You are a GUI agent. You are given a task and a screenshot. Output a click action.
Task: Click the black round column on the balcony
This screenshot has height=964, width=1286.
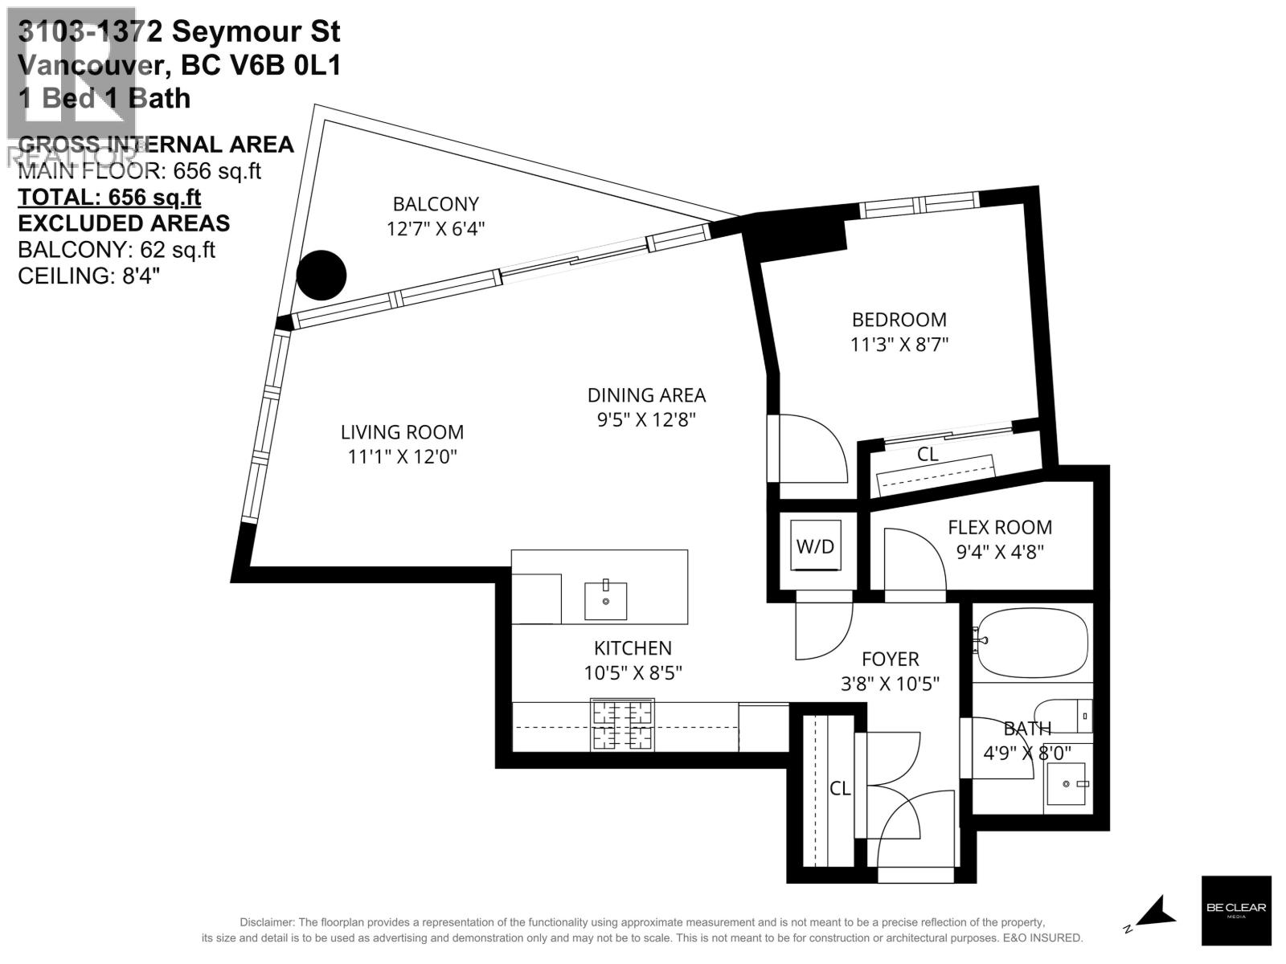click(321, 275)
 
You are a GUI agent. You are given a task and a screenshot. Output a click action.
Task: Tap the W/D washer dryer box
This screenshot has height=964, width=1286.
click(816, 546)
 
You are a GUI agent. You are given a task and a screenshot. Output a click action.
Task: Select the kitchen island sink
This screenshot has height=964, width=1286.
click(605, 600)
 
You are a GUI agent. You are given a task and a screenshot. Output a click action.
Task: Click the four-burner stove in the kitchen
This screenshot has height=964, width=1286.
click(622, 725)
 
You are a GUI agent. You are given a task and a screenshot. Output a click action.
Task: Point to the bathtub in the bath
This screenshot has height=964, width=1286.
click(1032, 641)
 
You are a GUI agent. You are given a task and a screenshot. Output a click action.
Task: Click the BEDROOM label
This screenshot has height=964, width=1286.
click(899, 320)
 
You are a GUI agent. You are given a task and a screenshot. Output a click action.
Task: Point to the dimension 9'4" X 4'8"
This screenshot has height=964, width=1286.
click(999, 553)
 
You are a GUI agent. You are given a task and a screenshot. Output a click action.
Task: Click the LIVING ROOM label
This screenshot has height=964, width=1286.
click(402, 432)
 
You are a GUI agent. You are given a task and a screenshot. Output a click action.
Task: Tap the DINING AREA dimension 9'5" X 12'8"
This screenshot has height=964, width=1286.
click(645, 420)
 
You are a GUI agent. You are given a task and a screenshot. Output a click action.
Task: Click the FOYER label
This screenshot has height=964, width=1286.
click(890, 660)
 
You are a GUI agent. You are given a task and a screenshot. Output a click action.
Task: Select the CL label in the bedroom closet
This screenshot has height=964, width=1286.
click(928, 454)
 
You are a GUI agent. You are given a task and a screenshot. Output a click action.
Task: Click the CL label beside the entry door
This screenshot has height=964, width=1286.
click(840, 789)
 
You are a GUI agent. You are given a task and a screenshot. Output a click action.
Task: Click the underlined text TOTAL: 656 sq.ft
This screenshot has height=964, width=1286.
click(109, 197)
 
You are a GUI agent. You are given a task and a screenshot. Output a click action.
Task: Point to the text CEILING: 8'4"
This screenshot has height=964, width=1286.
click(88, 276)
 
